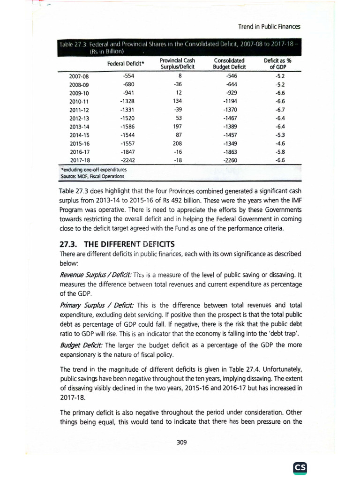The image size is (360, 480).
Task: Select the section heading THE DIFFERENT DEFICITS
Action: pyautogui.click(x=115, y=244)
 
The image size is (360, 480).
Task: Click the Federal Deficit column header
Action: pyautogui.click(x=126, y=63)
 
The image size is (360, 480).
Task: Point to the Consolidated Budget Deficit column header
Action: pyautogui.click(x=229, y=63)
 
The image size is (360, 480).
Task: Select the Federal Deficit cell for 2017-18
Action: pyautogui.click(x=127, y=160)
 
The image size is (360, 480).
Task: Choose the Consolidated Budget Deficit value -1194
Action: pyautogui.click(x=231, y=101)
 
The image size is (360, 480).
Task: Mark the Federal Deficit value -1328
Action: pyautogui.click(x=127, y=101)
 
